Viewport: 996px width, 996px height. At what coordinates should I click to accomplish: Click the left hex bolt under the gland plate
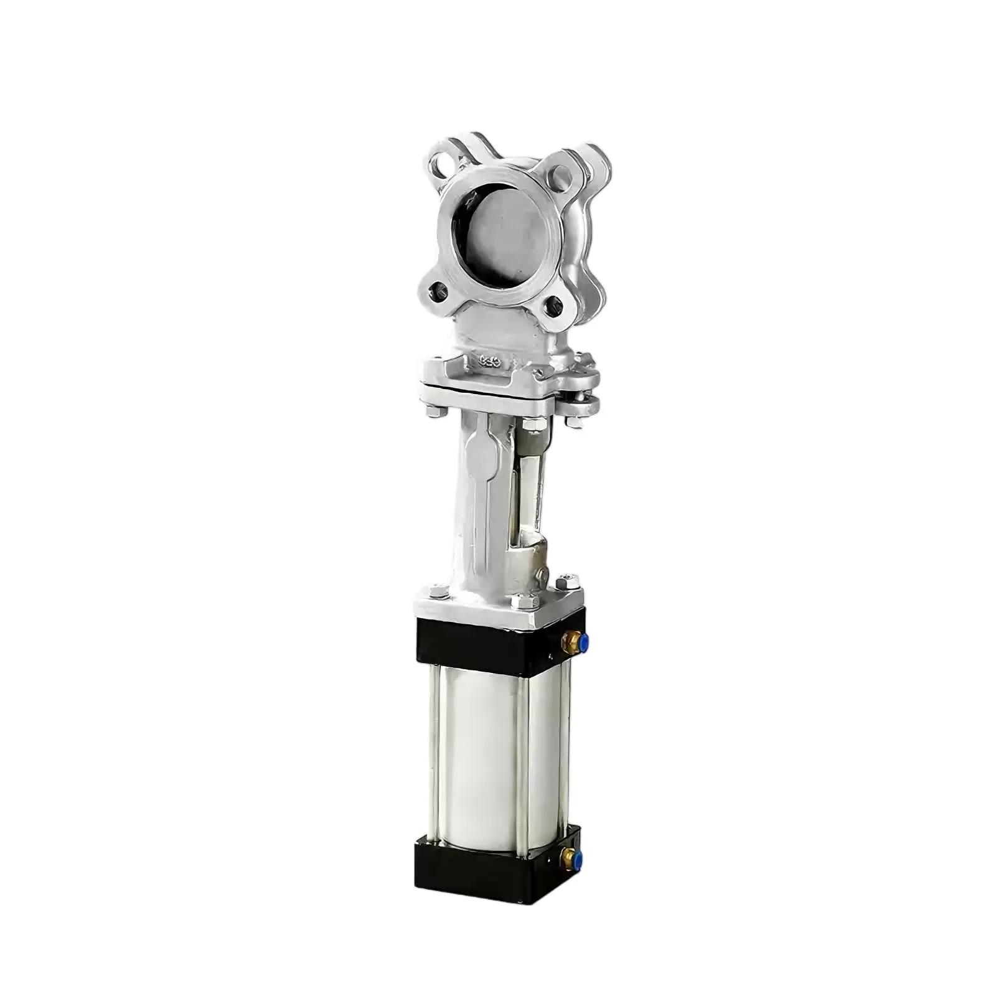pyautogui.click(x=434, y=412)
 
